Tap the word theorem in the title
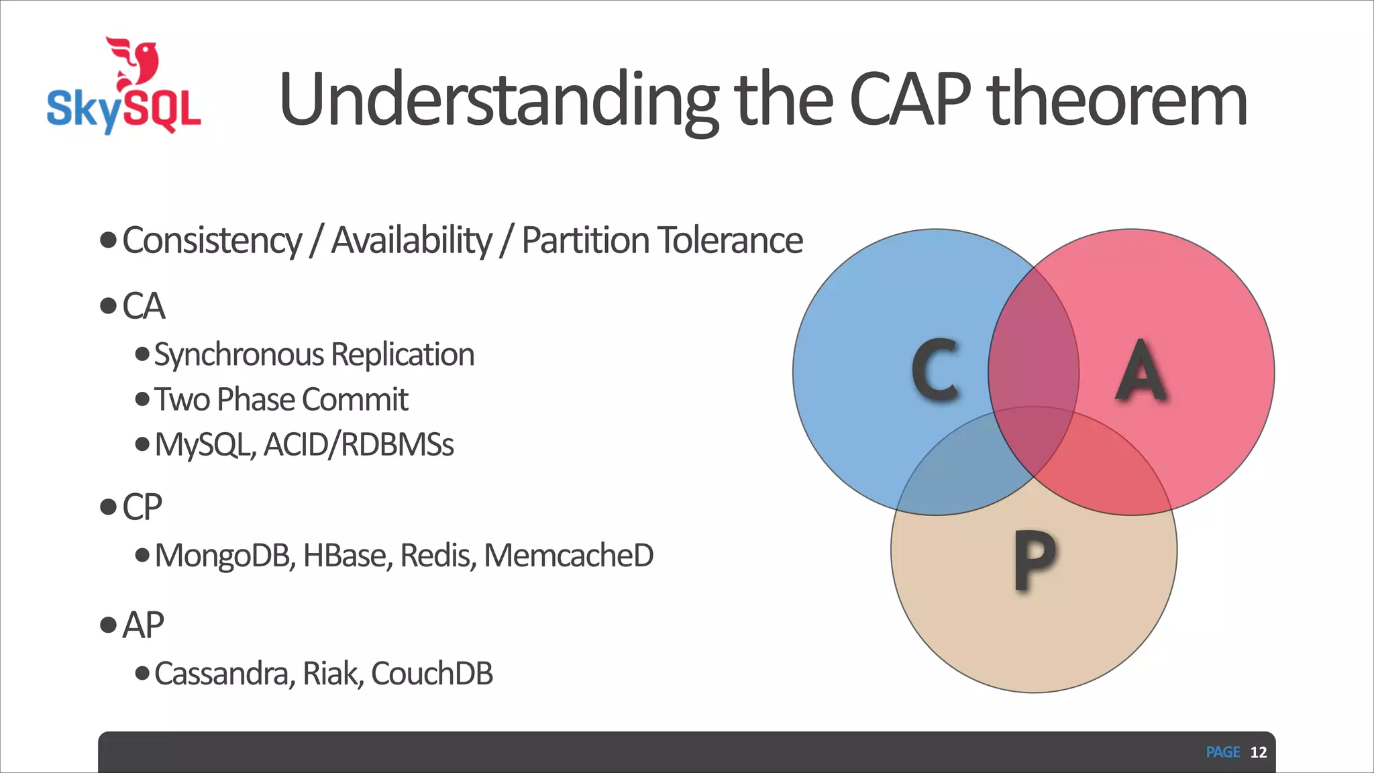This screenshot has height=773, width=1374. pyautogui.click(x=1117, y=101)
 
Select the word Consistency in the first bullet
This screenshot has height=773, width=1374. pyautogui.click(x=212, y=241)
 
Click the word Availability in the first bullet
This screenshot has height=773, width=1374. pyautogui.click(x=411, y=241)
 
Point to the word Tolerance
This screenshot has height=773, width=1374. pyautogui.click(x=730, y=241)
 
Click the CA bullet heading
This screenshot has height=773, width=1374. pyautogui.click(x=144, y=307)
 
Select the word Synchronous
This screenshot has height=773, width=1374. pyautogui.click(x=239, y=355)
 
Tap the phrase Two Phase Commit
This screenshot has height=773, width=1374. pyautogui.click(x=281, y=400)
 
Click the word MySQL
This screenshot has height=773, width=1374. pyautogui.click(x=203, y=445)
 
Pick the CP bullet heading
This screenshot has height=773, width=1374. pyautogui.click(x=142, y=507)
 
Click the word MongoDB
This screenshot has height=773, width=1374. pyautogui.click(x=224, y=556)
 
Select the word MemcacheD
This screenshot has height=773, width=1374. pyautogui.click(x=568, y=556)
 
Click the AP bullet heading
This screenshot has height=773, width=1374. pyautogui.click(x=143, y=625)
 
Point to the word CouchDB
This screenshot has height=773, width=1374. pyautogui.click(x=431, y=674)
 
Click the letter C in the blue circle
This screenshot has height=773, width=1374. pyautogui.click(x=935, y=370)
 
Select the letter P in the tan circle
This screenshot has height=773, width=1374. pyautogui.click(x=1033, y=560)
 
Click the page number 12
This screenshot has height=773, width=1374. pyautogui.click(x=1258, y=752)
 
